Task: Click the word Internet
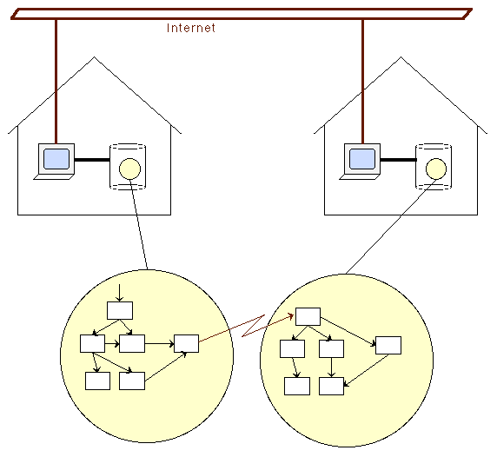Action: tap(191, 28)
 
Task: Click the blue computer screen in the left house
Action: tap(56, 158)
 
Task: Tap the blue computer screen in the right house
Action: tap(362, 158)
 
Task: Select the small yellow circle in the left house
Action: tap(129, 169)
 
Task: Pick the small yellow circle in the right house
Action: tap(436, 169)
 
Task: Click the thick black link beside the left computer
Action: tap(92, 160)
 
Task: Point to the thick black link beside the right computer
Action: tap(399, 160)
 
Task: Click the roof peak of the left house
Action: tap(94, 57)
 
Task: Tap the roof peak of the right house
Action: tap(401, 57)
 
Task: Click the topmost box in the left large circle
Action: tap(120, 310)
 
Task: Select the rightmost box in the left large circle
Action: tap(186, 343)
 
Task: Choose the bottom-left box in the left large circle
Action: tap(97, 381)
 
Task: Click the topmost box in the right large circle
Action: tap(308, 316)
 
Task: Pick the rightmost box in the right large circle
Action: tap(388, 345)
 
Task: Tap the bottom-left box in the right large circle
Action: tap(297, 386)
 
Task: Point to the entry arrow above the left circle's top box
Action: tap(120, 293)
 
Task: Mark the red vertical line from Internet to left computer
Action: tap(56, 82)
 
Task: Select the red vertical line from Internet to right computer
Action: tap(363, 82)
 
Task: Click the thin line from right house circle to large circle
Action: tap(391, 227)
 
